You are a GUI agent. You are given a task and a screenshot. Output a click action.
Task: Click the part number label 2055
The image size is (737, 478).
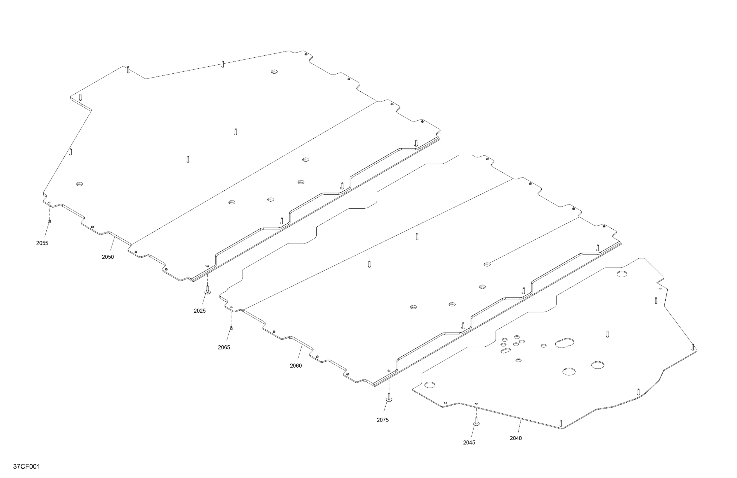(42, 243)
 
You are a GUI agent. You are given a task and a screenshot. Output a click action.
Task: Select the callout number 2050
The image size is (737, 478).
(108, 257)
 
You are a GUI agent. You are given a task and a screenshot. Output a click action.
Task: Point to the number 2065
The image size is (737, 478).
(224, 347)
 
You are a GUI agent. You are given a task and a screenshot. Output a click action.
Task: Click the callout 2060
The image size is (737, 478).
(296, 366)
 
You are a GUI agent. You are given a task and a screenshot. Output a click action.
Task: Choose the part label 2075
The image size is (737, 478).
(383, 420)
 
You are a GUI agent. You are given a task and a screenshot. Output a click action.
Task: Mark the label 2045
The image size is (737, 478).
(469, 443)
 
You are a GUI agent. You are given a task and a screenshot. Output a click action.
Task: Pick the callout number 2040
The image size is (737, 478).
(516, 438)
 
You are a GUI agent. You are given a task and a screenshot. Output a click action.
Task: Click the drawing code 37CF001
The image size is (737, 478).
(27, 467)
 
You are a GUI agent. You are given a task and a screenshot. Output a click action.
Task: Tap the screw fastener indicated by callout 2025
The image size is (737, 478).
(207, 290)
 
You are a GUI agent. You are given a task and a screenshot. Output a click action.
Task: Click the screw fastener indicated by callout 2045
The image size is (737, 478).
(476, 422)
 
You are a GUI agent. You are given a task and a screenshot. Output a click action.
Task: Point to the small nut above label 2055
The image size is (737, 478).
(49, 221)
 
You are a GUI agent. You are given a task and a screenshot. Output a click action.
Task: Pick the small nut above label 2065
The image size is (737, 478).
(231, 328)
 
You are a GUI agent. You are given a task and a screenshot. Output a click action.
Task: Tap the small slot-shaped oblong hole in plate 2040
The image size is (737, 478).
(506, 351)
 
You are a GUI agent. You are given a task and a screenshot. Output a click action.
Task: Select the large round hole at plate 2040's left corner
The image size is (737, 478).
(430, 385)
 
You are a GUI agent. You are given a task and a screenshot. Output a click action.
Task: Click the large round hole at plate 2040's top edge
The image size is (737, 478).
(622, 274)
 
